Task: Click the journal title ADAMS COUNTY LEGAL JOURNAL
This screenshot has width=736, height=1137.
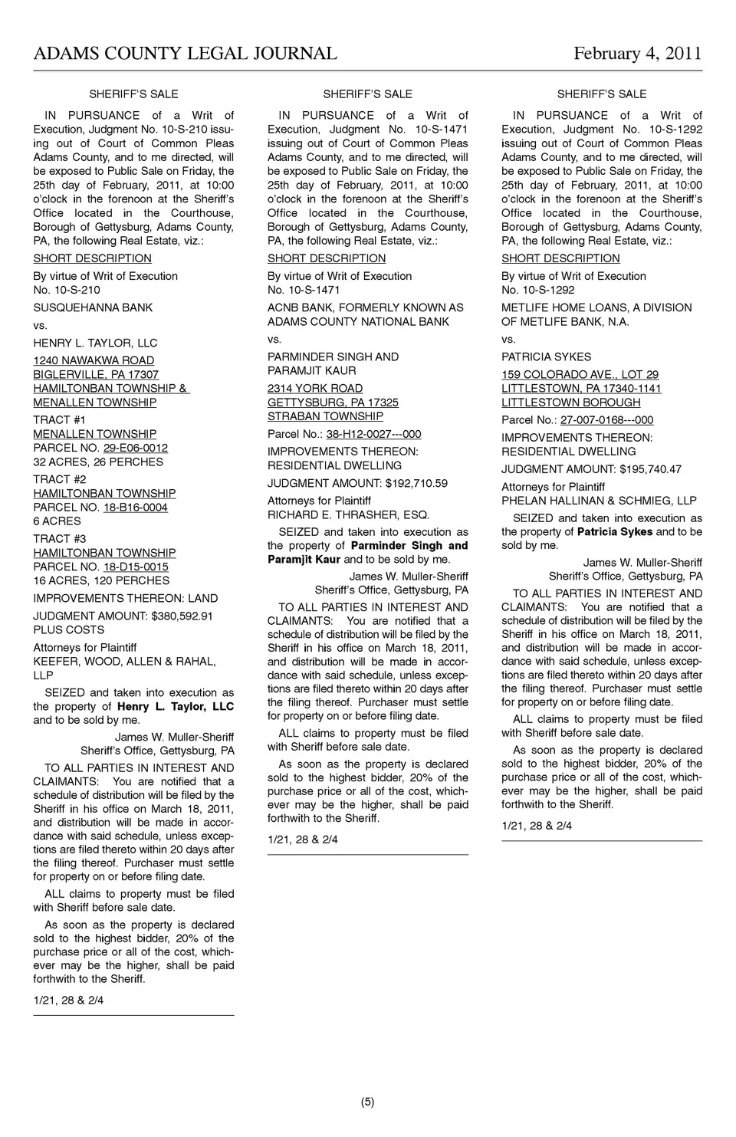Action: (185, 53)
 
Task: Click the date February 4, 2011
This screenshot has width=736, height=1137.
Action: (637, 53)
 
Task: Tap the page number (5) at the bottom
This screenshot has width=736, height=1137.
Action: (367, 1102)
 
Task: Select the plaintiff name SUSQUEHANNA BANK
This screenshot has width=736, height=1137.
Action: (93, 307)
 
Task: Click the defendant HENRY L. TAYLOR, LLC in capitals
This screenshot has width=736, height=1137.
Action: (95, 343)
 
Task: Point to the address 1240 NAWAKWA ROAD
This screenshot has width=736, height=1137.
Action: (94, 360)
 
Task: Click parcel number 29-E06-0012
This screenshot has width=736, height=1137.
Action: (136, 448)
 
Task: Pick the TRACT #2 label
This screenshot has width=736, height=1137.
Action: (60, 479)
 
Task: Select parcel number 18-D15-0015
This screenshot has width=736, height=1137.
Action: (136, 567)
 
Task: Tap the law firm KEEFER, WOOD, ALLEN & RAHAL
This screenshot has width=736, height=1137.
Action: (124, 661)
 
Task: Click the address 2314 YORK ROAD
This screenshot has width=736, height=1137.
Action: (315, 389)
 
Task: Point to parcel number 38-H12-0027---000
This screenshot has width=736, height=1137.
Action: (373, 434)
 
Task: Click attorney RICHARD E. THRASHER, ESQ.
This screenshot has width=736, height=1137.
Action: (348, 514)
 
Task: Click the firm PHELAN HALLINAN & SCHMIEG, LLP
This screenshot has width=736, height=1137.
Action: (599, 501)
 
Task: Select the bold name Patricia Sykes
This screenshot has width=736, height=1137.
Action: (615, 531)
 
